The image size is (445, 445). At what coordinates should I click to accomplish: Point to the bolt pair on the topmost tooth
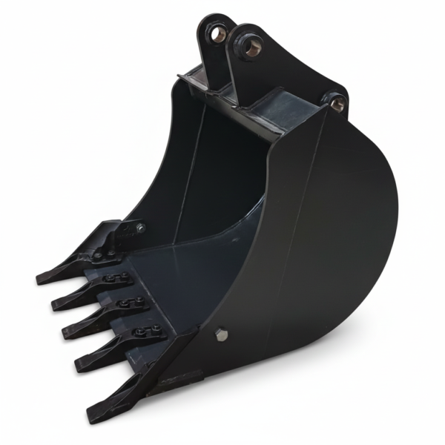tap(103, 254)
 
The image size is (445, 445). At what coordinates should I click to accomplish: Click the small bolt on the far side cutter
tap(139, 228)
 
